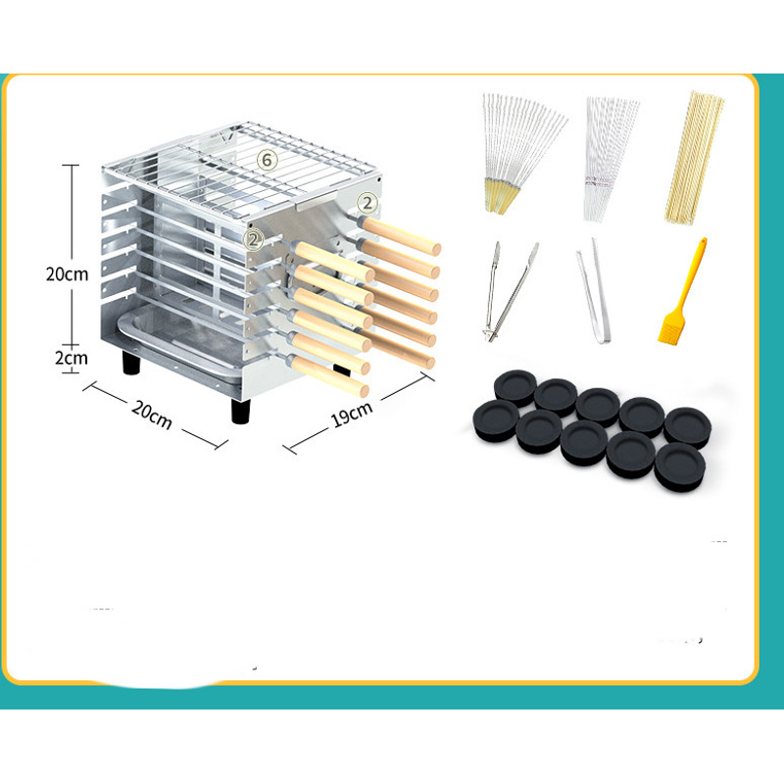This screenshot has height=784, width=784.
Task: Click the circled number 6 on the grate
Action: click(267, 160)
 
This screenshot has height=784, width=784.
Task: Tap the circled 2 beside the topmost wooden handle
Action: click(367, 203)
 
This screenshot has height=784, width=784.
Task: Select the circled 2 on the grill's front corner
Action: click(254, 239)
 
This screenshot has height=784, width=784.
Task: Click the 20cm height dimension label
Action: click(67, 274)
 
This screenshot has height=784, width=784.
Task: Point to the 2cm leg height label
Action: click(71, 358)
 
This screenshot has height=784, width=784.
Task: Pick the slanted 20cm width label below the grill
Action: click(152, 415)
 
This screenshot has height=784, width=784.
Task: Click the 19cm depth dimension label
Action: click(352, 415)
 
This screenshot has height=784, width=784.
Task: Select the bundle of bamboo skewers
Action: click(694, 157)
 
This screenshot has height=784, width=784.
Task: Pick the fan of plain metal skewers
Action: click(609, 158)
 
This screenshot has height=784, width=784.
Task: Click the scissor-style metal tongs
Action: click(509, 291)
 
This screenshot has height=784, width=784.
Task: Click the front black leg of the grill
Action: click(240, 411)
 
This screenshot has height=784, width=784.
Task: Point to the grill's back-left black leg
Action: click(131, 363)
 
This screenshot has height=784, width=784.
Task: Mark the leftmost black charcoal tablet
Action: click(497, 420)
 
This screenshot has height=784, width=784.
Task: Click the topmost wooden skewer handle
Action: click(402, 236)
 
